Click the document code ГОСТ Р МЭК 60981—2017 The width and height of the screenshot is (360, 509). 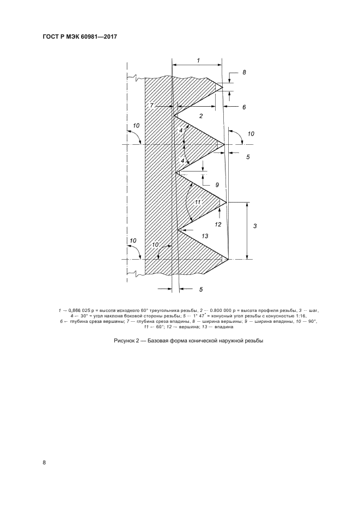tap(80, 36)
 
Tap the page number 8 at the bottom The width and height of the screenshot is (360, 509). tap(45, 463)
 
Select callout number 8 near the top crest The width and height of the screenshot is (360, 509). tap(243, 72)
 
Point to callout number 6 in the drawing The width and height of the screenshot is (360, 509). tap(244, 107)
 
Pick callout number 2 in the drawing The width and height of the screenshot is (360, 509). tap(200, 116)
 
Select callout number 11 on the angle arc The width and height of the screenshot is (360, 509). tap(198, 202)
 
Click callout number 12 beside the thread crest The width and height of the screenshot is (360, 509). tap(218, 223)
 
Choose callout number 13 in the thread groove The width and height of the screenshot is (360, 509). tap(205, 236)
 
